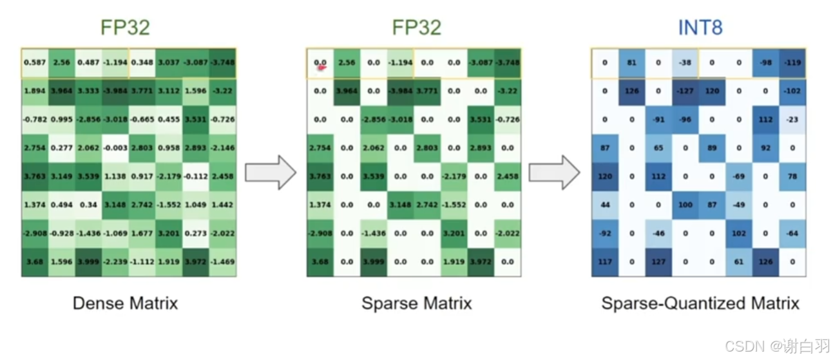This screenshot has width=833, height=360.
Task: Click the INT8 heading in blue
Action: pos(700,27)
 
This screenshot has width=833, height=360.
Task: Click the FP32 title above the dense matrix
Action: pos(125,27)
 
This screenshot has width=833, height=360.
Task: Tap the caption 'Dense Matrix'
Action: pos(125,303)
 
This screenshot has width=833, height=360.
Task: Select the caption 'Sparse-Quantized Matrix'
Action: pos(700,303)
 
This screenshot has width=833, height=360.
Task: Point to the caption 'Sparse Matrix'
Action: pos(416,303)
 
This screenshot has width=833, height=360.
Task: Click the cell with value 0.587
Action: pos(34,62)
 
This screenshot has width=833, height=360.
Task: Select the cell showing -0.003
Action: pos(115,147)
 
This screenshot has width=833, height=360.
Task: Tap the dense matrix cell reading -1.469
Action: pos(223,262)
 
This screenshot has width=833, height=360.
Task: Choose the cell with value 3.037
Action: pos(169,62)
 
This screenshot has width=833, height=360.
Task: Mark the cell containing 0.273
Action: pos(196,233)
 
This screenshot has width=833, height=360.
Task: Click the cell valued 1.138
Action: pos(115,176)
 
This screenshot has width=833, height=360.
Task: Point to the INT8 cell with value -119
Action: pos(792,62)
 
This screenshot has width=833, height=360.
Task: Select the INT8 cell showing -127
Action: pos(685,91)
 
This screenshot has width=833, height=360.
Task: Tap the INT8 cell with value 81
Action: pos(631,62)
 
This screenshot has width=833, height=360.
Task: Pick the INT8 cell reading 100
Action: pos(685,205)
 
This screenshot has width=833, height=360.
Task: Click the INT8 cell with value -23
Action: pos(792,119)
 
